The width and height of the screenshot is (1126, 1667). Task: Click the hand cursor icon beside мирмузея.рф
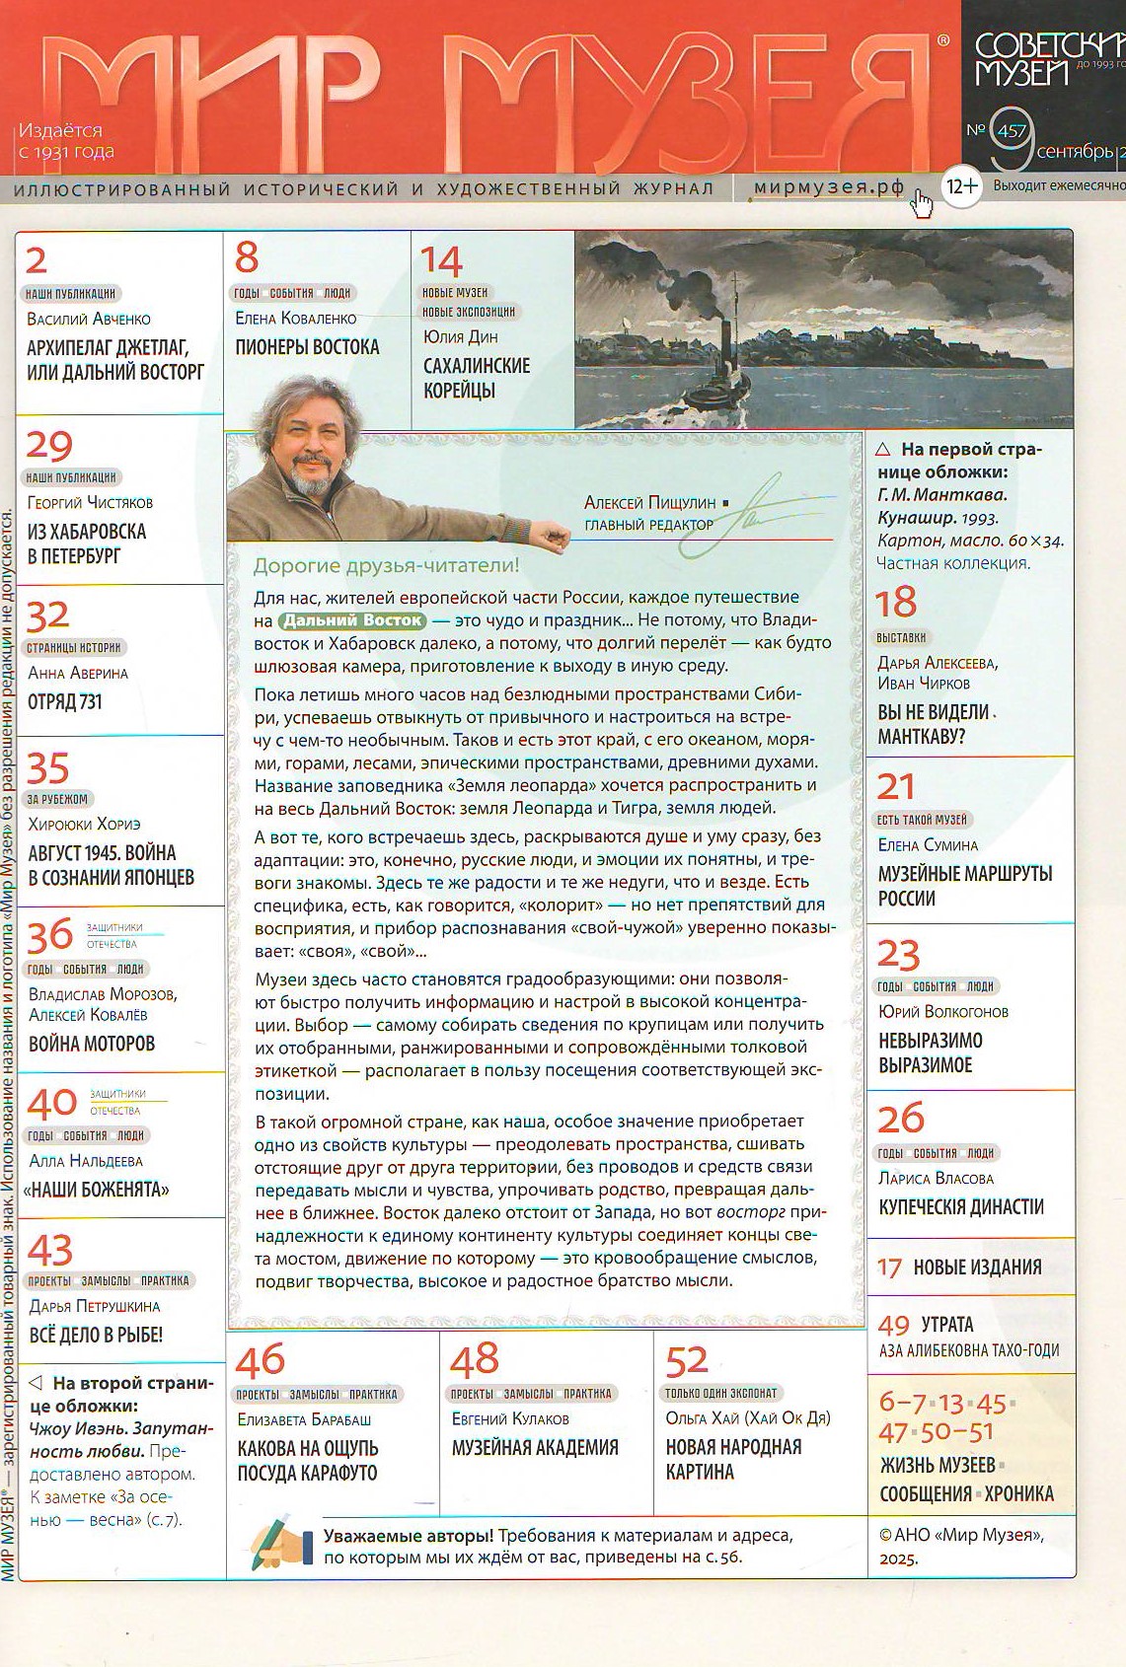(x=922, y=203)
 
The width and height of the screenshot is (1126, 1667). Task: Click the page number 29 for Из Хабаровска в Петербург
(x=49, y=446)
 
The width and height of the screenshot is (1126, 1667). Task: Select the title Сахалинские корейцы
(x=476, y=378)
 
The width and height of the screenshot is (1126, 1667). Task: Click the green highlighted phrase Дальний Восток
(x=352, y=620)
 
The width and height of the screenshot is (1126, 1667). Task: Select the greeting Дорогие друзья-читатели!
(x=386, y=565)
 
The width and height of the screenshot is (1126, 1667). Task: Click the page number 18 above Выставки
(x=896, y=602)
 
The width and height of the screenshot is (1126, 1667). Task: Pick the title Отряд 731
(x=65, y=702)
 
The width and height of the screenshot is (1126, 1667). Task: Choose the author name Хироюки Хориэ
(x=85, y=824)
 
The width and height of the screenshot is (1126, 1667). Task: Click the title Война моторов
(x=92, y=1044)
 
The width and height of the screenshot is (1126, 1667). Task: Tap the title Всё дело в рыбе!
(x=95, y=1335)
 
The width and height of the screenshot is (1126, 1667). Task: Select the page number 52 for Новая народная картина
(x=687, y=1361)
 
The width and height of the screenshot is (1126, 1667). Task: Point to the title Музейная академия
(x=535, y=1447)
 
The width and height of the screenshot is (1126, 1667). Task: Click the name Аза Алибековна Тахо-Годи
(x=969, y=1350)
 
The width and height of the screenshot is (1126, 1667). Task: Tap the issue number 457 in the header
(x=1012, y=130)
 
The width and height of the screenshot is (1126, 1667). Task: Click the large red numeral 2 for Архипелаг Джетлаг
(x=37, y=260)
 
